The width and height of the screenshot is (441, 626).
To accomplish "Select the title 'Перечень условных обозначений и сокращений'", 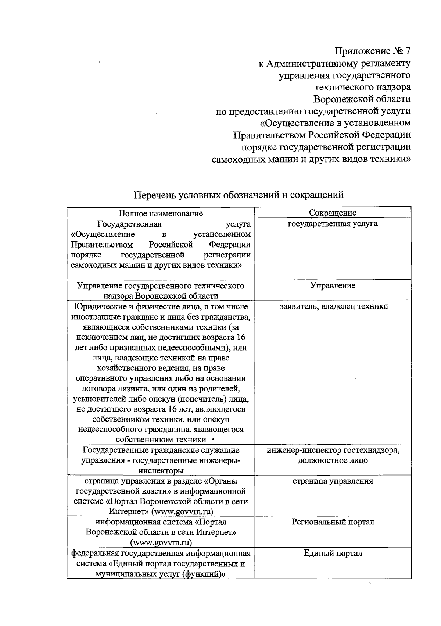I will pos(239,195).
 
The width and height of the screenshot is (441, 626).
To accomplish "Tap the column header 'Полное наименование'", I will pos(161,213).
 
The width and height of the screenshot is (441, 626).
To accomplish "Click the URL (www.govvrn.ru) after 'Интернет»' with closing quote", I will pos(182,512).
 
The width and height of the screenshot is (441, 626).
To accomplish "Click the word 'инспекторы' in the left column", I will pos(161,471).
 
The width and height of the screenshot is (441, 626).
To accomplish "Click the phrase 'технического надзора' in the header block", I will pos(362,87).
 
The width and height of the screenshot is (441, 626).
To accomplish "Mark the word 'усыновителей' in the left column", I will pos(98,399).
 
